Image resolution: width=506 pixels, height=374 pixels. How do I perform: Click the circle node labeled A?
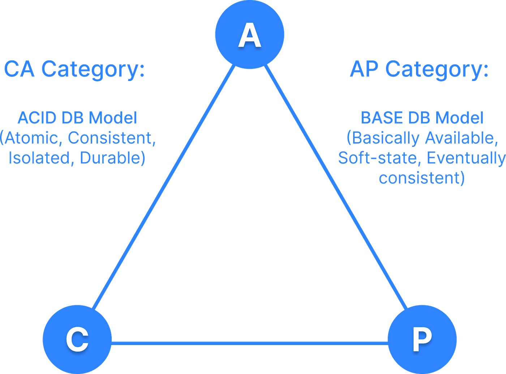(250, 34)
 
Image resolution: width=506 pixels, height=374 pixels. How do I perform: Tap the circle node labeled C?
(77, 340)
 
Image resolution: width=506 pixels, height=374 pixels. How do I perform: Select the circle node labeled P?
(422, 340)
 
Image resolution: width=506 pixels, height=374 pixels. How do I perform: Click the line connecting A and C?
(163, 187)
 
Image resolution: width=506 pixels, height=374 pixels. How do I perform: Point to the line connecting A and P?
(336, 187)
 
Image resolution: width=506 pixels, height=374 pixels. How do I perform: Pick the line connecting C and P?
(250, 343)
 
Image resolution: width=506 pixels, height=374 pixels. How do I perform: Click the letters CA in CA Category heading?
(20, 69)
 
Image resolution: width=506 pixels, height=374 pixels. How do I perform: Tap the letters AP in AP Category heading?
(364, 69)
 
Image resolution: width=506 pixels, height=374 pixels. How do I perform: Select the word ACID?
(37, 118)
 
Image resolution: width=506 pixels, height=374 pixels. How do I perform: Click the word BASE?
(382, 118)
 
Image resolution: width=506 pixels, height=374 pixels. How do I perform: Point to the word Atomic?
(31, 138)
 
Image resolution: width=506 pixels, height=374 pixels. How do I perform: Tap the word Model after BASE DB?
(459, 118)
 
